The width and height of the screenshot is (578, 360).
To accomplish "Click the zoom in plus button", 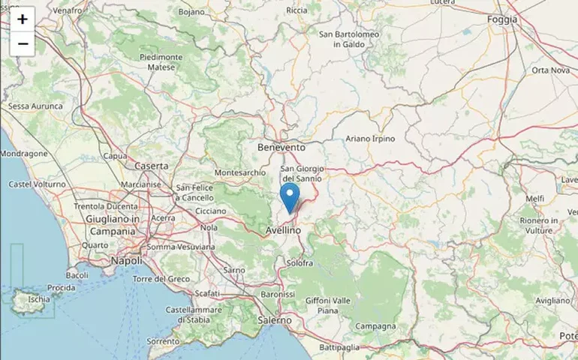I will click(x=23, y=19).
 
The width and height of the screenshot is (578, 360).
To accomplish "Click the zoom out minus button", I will click(x=23, y=44).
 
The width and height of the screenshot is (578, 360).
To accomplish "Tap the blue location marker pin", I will click(x=290, y=198).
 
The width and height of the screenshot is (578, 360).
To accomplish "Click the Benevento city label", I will click(x=281, y=148).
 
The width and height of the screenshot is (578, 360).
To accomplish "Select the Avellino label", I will click(x=284, y=231).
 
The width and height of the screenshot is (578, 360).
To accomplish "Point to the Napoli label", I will click(x=126, y=260).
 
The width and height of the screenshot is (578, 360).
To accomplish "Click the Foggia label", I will click(x=502, y=19).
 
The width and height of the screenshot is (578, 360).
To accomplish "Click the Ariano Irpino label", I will click(x=370, y=139).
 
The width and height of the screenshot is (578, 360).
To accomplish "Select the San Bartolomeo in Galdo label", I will click(x=346, y=39).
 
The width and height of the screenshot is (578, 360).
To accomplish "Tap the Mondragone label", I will click(x=24, y=154).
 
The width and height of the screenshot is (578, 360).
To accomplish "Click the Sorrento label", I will click(x=163, y=341).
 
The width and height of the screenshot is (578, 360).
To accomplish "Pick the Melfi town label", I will click(x=535, y=198).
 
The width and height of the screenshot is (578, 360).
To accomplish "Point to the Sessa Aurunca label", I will click(x=35, y=106).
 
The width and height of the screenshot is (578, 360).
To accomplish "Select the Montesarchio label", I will click(x=240, y=172).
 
